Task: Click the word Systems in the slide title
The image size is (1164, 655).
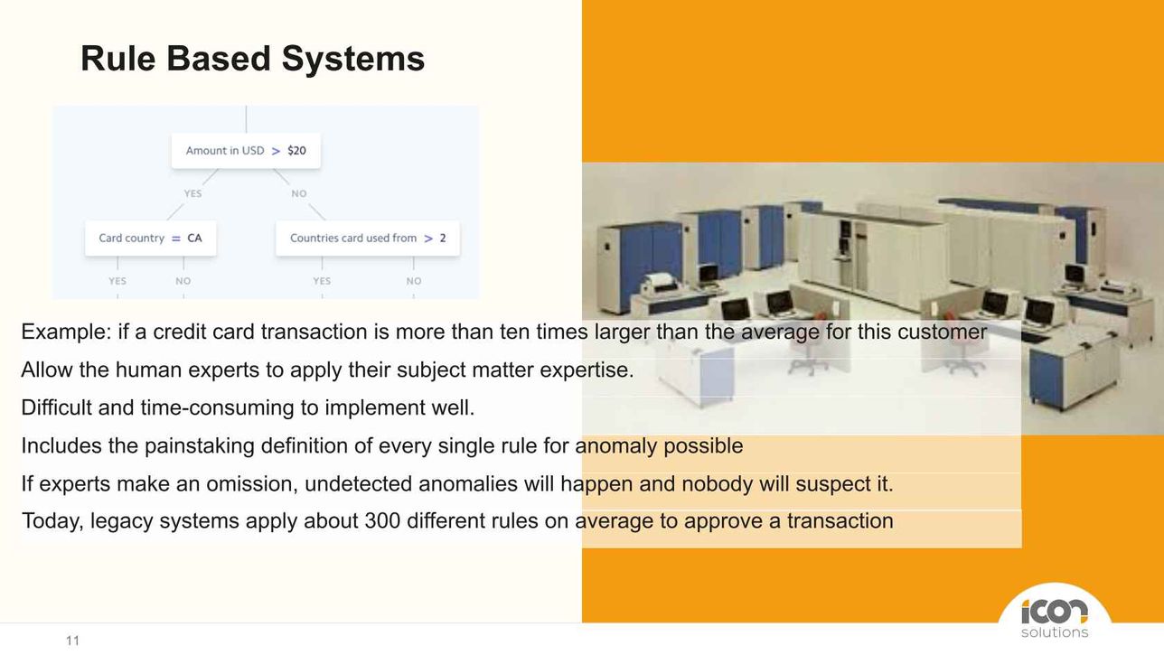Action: (353, 58)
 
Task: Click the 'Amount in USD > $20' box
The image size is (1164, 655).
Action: (246, 151)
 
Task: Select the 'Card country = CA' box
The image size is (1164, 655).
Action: (151, 239)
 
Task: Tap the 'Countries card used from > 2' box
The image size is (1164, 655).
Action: (368, 239)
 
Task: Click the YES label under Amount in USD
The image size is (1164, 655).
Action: (192, 193)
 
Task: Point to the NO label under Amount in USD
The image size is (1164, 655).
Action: (299, 193)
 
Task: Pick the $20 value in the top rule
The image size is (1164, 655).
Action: (296, 151)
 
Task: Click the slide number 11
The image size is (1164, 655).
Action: (72, 641)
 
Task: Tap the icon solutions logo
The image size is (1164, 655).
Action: (1055, 618)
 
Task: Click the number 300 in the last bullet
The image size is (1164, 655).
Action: (382, 521)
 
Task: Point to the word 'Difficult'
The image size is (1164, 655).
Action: (57, 407)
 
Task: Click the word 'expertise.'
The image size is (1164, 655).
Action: (587, 370)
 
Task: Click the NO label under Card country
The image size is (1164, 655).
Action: (183, 281)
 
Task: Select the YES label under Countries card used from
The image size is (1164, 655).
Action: (322, 281)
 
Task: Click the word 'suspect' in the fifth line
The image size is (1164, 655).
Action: (829, 484)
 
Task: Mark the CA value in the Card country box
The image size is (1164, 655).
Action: (194, 239)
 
